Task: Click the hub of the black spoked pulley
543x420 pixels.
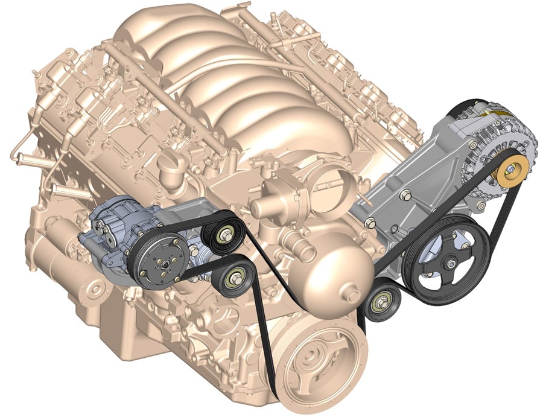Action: point(449,264)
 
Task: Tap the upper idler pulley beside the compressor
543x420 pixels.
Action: point(225,235)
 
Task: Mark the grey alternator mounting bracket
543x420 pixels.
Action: point(398,193)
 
